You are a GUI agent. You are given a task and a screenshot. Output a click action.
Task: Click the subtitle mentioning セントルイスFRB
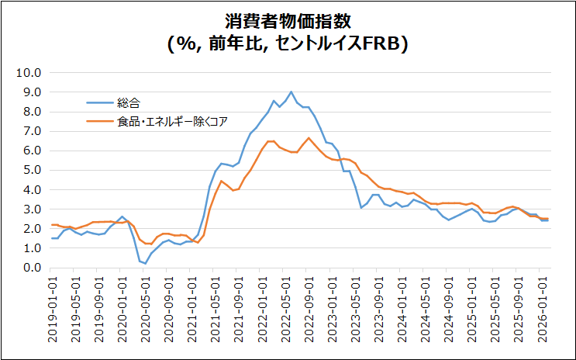tap(288, 43)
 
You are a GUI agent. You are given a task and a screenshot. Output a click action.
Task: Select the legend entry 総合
tap(129, 102)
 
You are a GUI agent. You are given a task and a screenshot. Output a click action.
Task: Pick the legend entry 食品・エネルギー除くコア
tap(172, 121)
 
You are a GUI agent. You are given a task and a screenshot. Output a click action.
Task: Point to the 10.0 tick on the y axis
tap(28, 73)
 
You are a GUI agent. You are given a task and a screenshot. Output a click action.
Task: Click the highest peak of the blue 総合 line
tap(291, 92)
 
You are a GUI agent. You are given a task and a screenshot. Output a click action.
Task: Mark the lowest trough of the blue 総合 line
tap(146, 264)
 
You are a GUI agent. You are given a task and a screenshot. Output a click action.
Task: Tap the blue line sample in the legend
tap(99, 102)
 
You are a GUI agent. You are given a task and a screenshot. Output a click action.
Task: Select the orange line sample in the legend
tap(99, 121)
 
